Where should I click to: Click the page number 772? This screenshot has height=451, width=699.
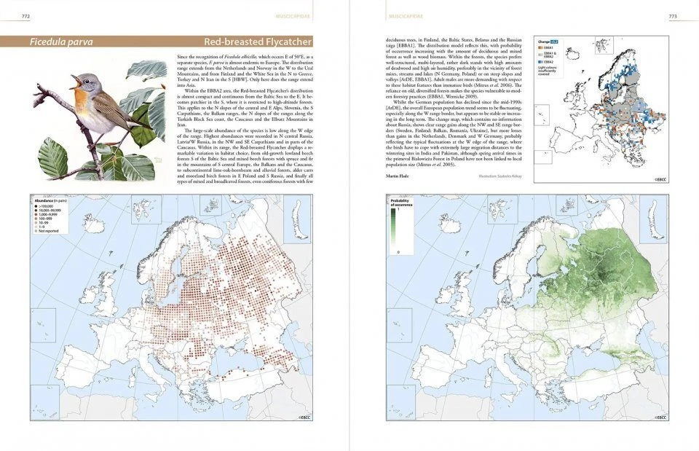coord(26,15)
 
